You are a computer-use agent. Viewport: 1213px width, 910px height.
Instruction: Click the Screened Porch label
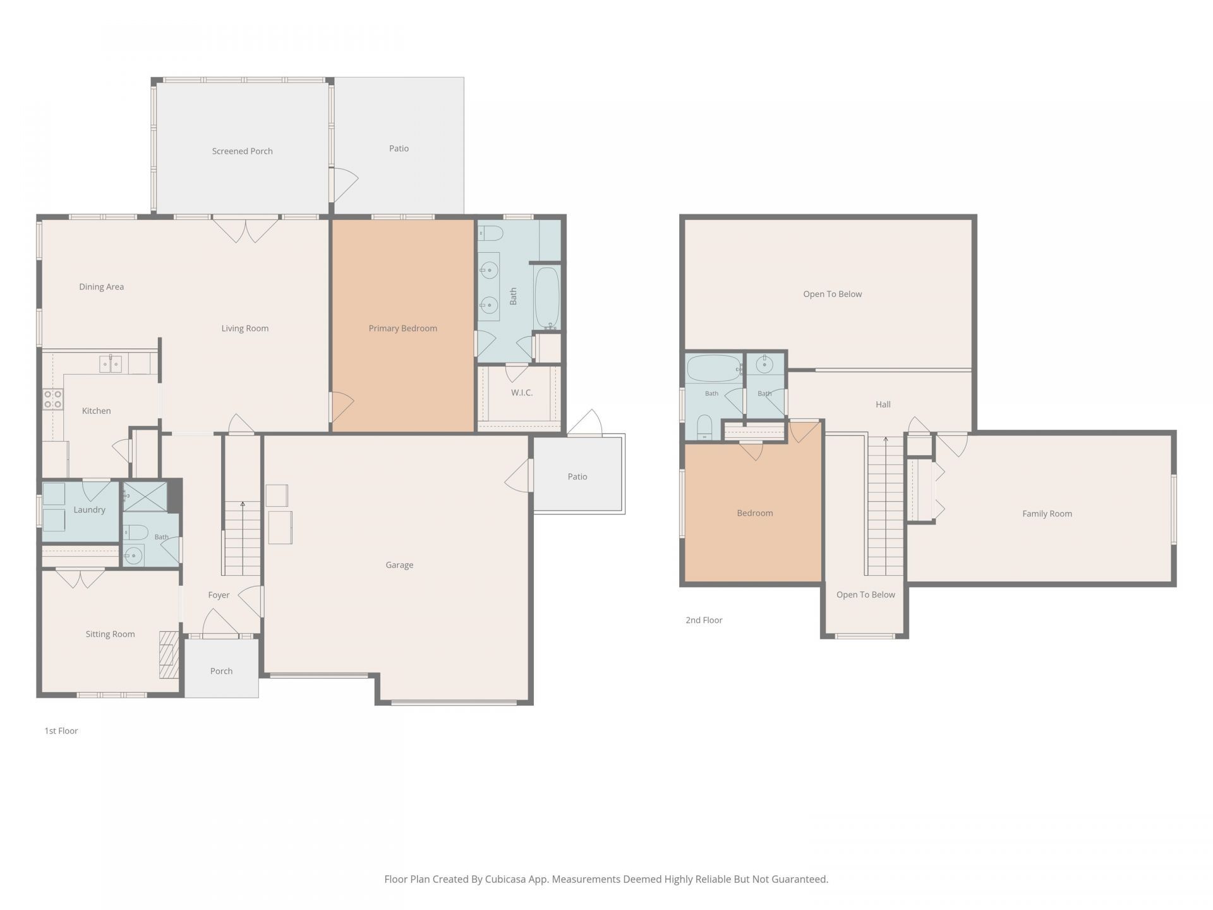click(x=242, y=151)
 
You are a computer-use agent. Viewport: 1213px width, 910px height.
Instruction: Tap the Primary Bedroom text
click(x=402, y=328)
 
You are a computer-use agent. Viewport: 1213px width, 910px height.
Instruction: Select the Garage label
click(x=399, y=565)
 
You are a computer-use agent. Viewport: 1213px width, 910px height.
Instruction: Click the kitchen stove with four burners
click(x=53, y=399)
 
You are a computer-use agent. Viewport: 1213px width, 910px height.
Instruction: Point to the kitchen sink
click(x=111, y=363)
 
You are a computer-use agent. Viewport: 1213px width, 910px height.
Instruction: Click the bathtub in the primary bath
click(x=547, y=297)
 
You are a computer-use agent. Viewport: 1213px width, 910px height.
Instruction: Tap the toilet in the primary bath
click(x=490, y=234)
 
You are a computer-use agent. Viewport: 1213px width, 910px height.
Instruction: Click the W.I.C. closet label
click(x=522, y=392)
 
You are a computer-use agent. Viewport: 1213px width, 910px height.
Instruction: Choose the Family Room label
click(x=1047, y=514)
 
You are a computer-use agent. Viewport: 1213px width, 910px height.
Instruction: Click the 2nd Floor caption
click(x=704, y=620)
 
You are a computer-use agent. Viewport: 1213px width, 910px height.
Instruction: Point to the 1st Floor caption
click(x=61, y=731)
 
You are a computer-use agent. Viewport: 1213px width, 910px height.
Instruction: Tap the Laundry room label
click(x=89, y=510)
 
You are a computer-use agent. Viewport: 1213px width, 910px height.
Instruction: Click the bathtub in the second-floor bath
click(x=715, y=368)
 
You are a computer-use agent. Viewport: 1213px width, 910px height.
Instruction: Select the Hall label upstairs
click(x=883, y=404)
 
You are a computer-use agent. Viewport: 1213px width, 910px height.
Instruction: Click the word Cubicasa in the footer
click(x=507, y=879)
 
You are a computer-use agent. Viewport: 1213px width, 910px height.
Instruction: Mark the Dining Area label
click(x=101, y=287)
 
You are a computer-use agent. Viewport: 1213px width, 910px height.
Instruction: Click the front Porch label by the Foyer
click(x=221, y=671)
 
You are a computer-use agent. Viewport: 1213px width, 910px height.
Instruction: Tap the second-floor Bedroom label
click(x=755, y=513)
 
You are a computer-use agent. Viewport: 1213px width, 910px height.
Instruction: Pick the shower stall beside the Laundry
click(x=145, y=496)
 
